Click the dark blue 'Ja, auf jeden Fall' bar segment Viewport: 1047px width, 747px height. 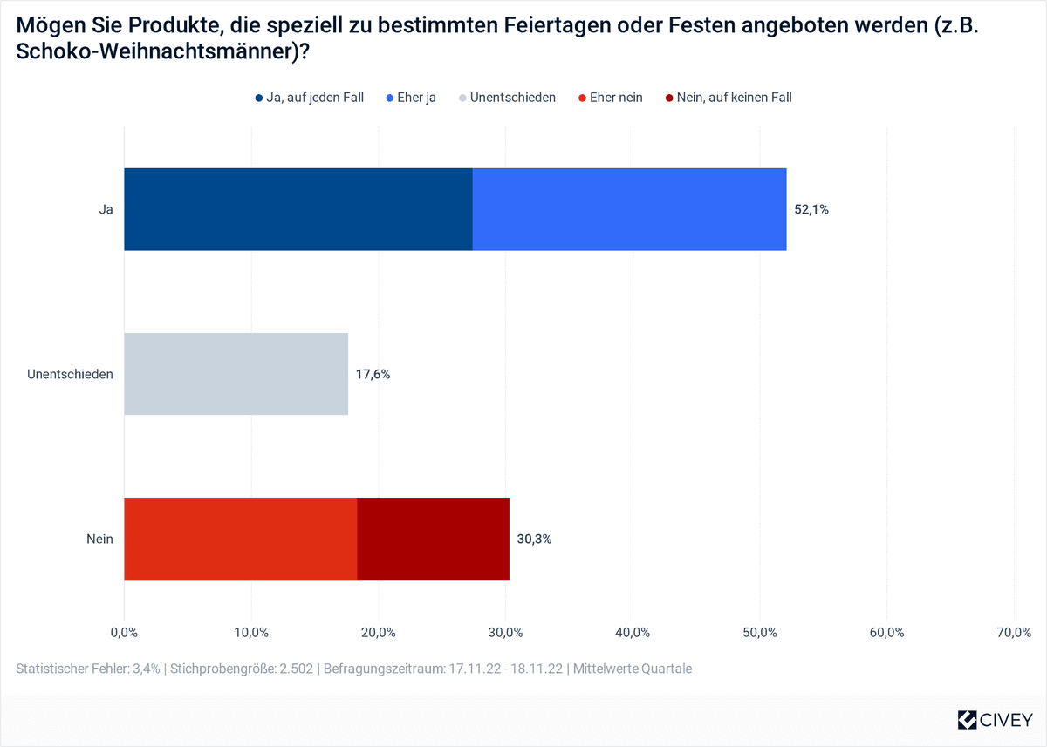coord(298,209)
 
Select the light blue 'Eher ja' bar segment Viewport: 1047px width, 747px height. coord(629,209)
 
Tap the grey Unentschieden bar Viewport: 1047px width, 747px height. coord(236,374)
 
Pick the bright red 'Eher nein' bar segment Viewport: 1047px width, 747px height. coord(240,539)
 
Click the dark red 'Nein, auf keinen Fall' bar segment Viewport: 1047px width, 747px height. coord(433,539)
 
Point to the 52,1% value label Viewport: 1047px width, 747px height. coord(811,210)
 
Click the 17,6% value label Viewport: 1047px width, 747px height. coord(373,375)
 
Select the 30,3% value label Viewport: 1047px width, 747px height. coord(534,540)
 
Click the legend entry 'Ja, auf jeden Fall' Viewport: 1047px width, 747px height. coord(309,98)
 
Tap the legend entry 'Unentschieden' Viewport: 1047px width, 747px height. coord(506,98)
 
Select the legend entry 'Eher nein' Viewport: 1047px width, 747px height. coord(610,98)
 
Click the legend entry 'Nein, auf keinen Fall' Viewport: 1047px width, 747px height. coord(728,98)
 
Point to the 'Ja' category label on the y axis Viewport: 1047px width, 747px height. coord(106,210)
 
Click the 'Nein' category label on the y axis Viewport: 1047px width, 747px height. coord(99,540)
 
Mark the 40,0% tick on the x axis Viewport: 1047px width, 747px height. coord(633,632)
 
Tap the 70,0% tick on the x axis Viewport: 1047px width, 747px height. coord(1013,632)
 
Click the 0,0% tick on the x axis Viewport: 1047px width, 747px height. coord(125,632)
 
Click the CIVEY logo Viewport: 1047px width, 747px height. coord(995,720)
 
